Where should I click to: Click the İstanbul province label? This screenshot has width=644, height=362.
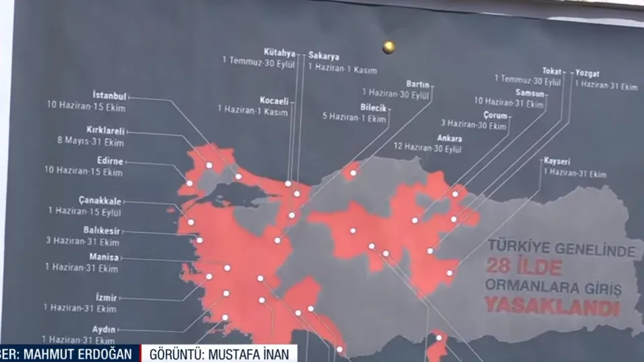[109, 96]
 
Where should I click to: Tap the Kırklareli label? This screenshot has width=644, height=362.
[105, 131]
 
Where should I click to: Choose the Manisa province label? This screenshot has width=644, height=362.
[104, 257]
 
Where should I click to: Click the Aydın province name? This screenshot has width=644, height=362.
[105, 329]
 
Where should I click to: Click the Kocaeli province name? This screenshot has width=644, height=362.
[274, 100]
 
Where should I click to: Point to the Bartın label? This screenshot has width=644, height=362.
[418, 84]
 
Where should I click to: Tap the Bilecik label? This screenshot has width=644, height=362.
[373, 107]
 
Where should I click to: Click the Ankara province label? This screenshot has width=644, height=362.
[448, 137]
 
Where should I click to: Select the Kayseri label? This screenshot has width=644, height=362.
[557, 162]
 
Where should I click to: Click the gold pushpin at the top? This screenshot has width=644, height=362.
[388, 47]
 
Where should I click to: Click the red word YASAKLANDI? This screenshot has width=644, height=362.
[551, 308]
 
